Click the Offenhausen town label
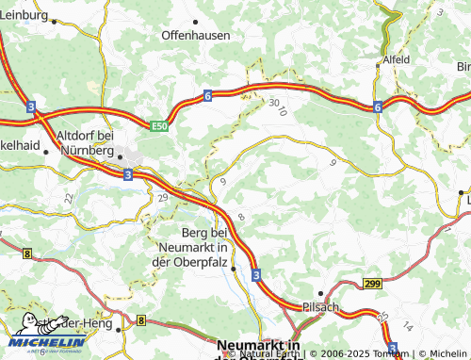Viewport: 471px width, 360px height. (x=196, y=35)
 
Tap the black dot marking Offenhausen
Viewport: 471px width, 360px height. (x=196, y=20)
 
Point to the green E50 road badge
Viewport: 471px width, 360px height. (x=162, y=123)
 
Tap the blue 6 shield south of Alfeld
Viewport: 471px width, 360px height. (x=377, y=106)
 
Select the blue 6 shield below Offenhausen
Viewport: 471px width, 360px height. (x=206, y=95)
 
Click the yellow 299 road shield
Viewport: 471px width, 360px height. (x=373, y=283)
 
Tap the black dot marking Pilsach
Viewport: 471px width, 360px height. (x=320, y=292)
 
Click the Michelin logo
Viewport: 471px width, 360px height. (x=47, y=342)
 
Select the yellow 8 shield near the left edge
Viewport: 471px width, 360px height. (x=27, y=254)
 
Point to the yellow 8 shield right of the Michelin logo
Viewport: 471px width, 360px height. (x=140, y=321)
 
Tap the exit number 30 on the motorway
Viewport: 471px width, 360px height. (x=273, y=102)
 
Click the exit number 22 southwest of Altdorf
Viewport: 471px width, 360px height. (x=68, y=198)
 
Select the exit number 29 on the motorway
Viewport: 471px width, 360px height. (x=162, y=197)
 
